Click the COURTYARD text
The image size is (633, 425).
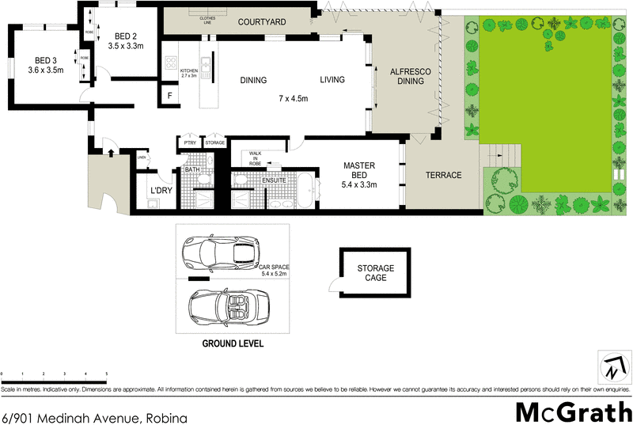(x=261, y=23)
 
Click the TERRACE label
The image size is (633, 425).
(x=443, y=175)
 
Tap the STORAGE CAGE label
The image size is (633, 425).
(x=375, y=273)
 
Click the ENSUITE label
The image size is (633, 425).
(x=275, y=180)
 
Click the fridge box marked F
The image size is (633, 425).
(x=169, y=97)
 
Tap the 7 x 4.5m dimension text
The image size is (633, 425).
(x=293, y=98)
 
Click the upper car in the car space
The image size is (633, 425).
(x=221, y=252)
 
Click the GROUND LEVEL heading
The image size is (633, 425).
(x=233, y=344)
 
